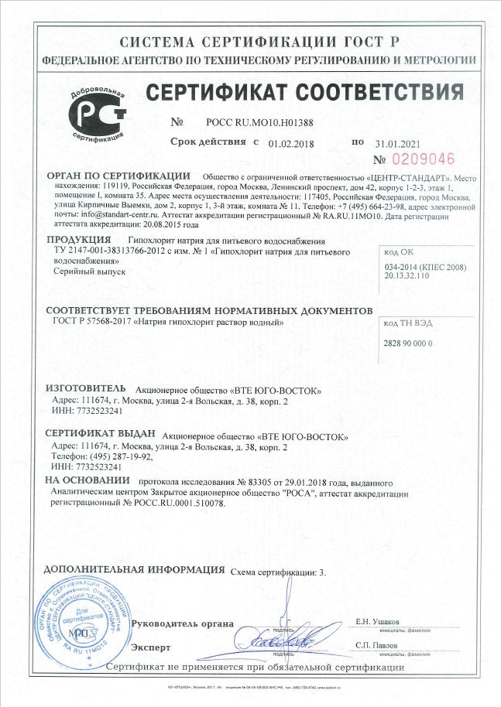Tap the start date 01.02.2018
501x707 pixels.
point(289,143)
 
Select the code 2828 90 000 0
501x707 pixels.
point(408,343)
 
